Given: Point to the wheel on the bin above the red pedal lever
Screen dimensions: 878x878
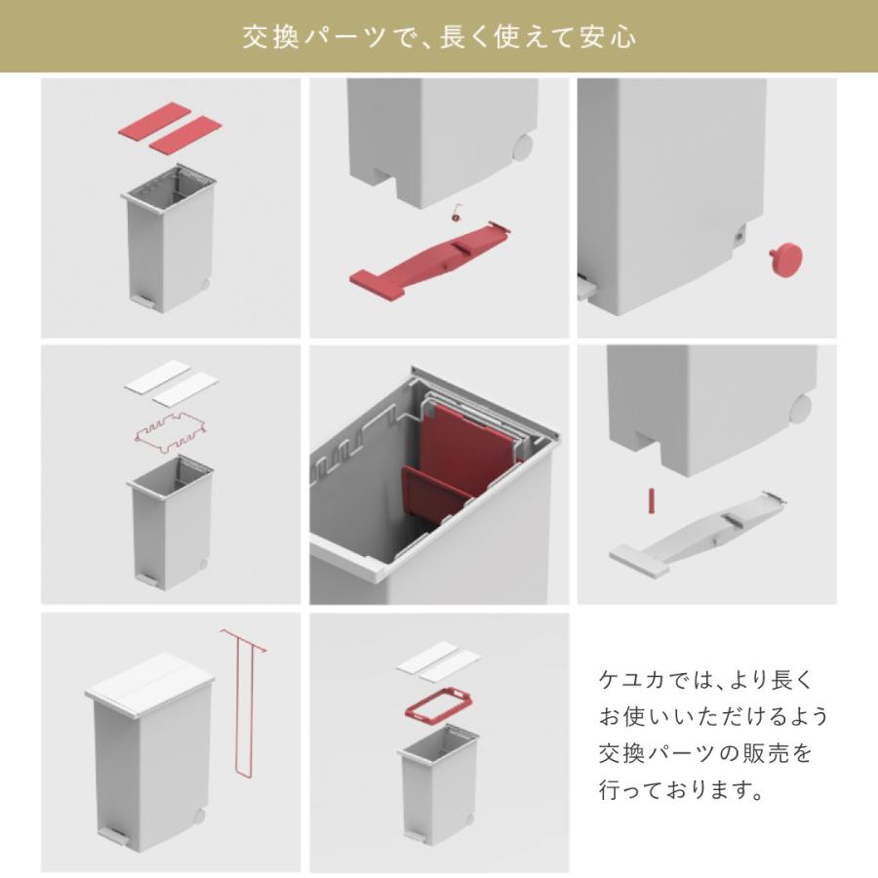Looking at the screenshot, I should pyautogui.click(x=522, y=147).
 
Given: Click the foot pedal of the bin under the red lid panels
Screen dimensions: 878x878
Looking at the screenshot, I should pyautogui.click(x=141, y=299).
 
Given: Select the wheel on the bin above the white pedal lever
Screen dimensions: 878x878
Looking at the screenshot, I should pyautogui.click(x=801, y=409).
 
